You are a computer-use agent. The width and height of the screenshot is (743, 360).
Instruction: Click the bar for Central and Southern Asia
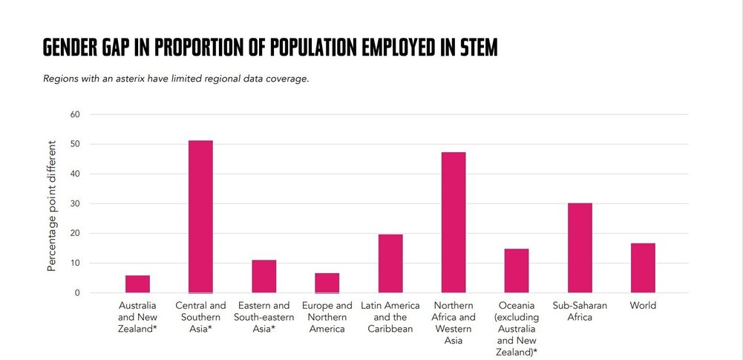(x=200, y=217)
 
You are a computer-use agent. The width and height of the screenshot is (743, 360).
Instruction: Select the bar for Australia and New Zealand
(x=137, y=284)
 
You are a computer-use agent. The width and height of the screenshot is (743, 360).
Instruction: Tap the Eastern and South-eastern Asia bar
(x=264, y=276)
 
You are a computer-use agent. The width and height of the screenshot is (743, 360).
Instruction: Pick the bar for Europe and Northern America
(x=327, y=283)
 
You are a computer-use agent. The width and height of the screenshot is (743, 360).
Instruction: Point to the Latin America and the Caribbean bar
(x=390, y=264)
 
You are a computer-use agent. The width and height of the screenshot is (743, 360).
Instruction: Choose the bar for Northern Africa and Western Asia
(x=454, y=223)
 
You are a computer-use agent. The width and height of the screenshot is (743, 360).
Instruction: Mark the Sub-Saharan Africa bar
(x=580, y=248)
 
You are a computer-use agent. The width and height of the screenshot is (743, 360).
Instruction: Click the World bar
(x=643, y=268)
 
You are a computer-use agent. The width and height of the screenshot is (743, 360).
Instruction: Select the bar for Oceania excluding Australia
(x=517, y=271)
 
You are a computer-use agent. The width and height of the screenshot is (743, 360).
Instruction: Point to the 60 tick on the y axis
(x=75, y=114)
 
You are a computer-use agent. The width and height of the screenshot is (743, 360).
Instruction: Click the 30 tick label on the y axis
(x=75, y=203)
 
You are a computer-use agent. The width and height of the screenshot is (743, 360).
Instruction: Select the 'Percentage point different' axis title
(x=52, y=206)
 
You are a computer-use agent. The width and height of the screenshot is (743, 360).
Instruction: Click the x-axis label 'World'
(x=643, y=306)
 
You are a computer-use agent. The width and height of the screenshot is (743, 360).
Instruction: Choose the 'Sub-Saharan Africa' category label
(x=580, y=311)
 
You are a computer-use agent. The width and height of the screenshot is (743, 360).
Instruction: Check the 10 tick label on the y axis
(x=75, y=264)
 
